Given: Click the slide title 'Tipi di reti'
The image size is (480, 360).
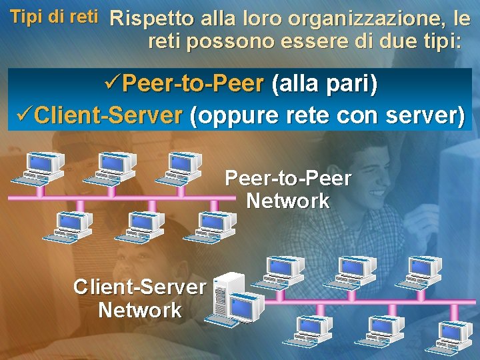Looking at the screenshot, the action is click(55, 16).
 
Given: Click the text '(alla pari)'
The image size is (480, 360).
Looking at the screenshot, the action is click(322, 85).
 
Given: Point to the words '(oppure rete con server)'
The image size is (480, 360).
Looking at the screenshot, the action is click(327, 116).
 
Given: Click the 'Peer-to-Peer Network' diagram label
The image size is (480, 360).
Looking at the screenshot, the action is click(288, 189).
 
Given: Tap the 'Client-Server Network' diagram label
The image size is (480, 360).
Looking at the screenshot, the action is click(139, 299).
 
